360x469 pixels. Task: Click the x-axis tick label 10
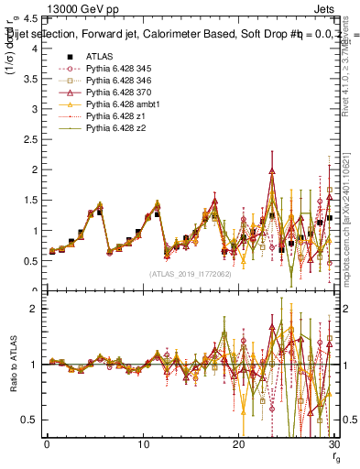(x=143, y=443)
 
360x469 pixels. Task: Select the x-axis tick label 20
(x=238, y=443)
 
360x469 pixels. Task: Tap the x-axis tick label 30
(x=333, y=443)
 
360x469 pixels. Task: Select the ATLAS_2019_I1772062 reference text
(x=190, y=274)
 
